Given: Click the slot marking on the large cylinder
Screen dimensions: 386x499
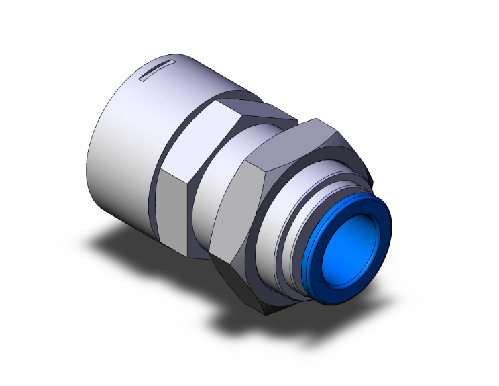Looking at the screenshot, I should [157, 69].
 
